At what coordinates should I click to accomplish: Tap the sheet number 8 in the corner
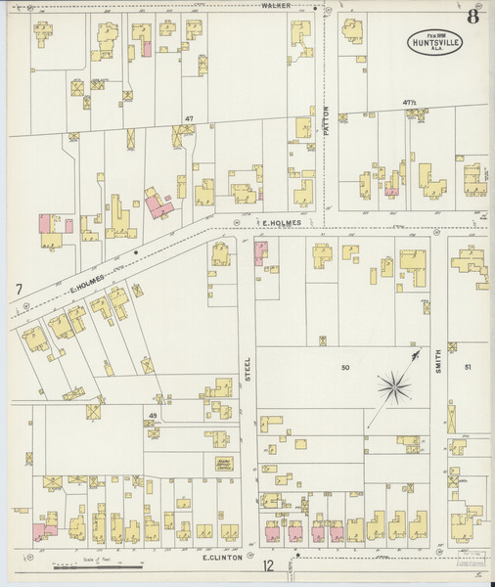click(x=472, y=16)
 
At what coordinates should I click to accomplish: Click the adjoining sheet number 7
click(x=19, y=290)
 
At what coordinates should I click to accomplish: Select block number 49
click(x=153, y=416)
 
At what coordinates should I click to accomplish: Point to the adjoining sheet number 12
click(x=268, y=564)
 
